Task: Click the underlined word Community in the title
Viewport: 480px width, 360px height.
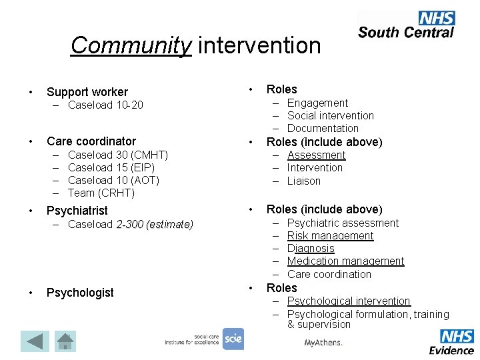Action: [x=131, y=45]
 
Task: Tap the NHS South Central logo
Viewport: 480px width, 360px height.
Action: [x=405, y=25]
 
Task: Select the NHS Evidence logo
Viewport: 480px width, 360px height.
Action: [x=451, y=341]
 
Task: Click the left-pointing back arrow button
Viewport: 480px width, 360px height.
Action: [x=34, y=341]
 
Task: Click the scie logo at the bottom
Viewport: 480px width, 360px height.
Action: [x=233, y=339]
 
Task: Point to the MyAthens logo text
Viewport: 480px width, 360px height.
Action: [x=323, y=343]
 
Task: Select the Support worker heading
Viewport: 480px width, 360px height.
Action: [x=87, y=92]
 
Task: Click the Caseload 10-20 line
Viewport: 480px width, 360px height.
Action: [x=105, y=105]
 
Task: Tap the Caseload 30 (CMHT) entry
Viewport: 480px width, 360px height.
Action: [x=117, y=155]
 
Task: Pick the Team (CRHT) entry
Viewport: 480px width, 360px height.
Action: [x=101, y=193]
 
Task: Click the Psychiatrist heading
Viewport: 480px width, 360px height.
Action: [x=77, y=211]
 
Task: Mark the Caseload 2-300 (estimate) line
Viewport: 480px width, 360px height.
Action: [x=131, y=224]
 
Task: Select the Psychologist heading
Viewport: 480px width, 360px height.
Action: [x=79, y=293]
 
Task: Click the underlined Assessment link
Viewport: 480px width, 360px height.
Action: [x=316, y=155]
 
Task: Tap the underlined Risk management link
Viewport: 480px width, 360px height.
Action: [x=330, y=235]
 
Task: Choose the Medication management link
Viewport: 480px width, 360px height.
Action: [x=345, y=261]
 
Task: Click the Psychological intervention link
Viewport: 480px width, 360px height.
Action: [x=349, y=301]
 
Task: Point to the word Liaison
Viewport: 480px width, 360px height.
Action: [x=304, y=181]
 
